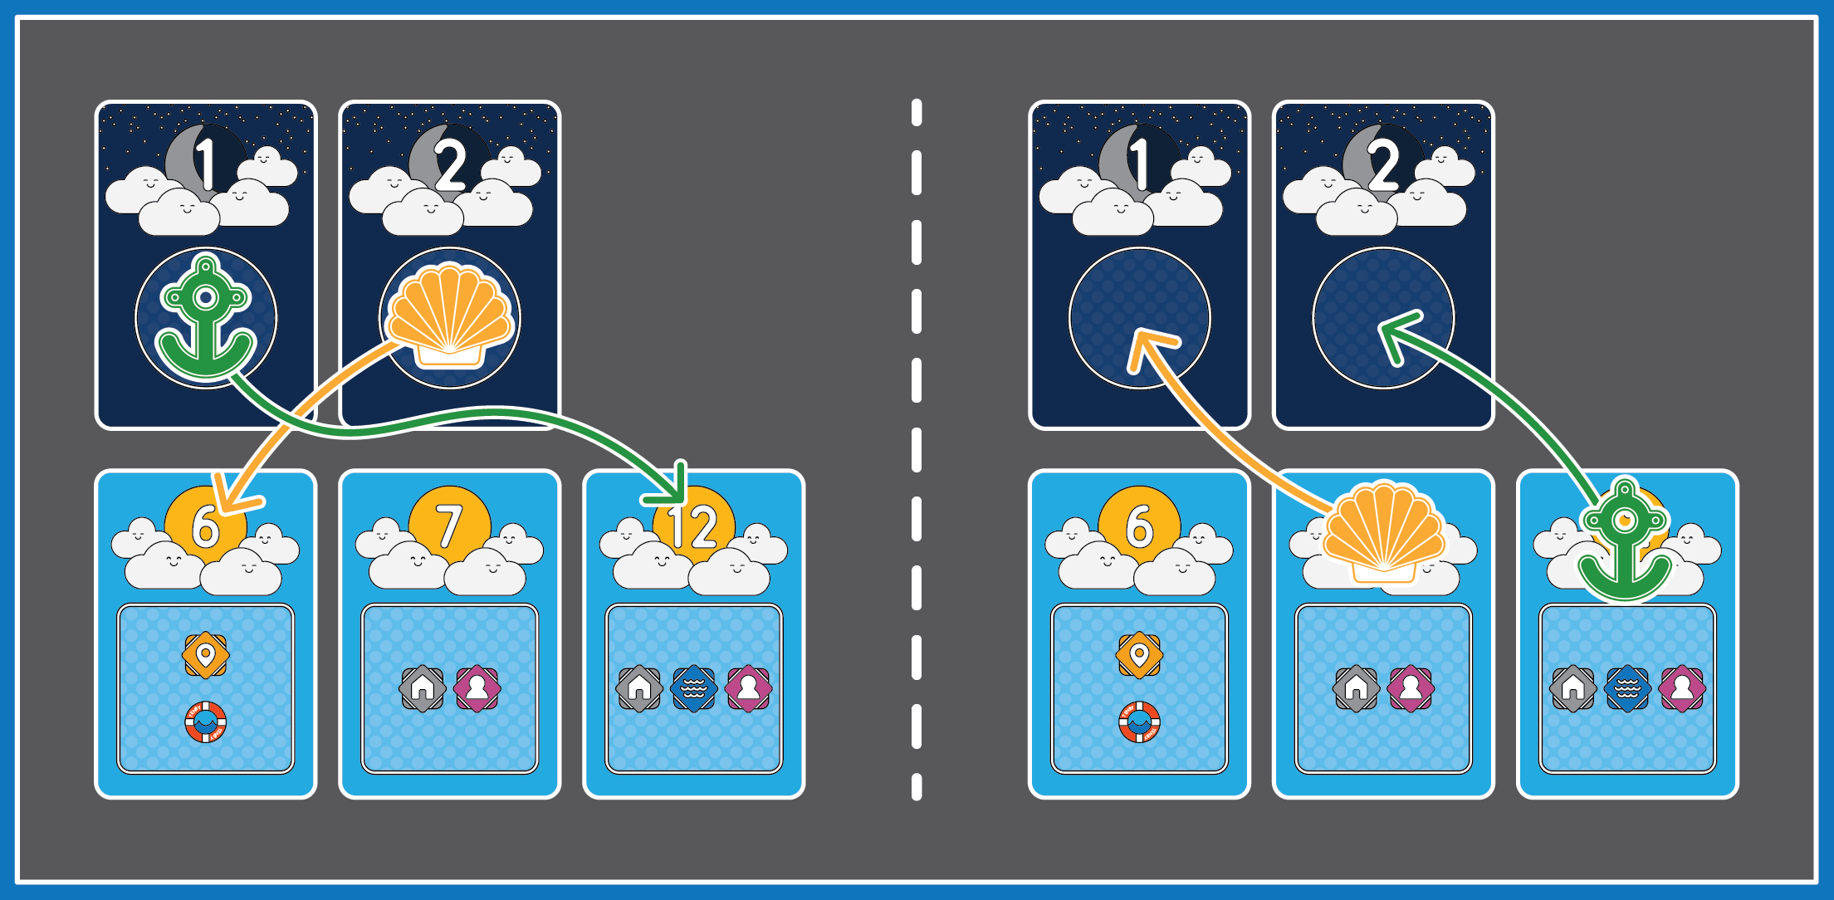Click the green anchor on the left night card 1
206,320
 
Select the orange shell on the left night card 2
450,316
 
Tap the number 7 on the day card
449,526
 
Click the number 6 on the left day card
205,526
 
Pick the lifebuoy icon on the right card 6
1139,721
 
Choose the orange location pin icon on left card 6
205,655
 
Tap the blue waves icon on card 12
693,688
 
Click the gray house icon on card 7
423,688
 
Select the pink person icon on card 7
477,688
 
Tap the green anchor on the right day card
1625,540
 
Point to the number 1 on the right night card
1140,164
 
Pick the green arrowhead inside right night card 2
1396,333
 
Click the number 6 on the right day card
1139,526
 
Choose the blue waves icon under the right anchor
1627,688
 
